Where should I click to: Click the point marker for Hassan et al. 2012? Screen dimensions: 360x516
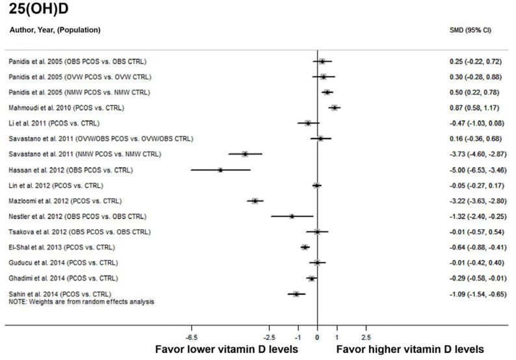[220, 170]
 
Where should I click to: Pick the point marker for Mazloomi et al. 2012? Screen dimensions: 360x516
[255, 201]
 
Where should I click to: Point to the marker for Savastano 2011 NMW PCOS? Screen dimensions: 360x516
[245, 154]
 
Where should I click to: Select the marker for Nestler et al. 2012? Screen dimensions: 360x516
[292, 216]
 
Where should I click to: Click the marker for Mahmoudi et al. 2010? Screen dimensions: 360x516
[334, 108]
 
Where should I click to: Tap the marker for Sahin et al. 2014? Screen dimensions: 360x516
[296, 294]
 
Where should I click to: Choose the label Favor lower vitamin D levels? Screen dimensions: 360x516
[226, 350]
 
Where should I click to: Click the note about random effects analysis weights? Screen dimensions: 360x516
[81, 302]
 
